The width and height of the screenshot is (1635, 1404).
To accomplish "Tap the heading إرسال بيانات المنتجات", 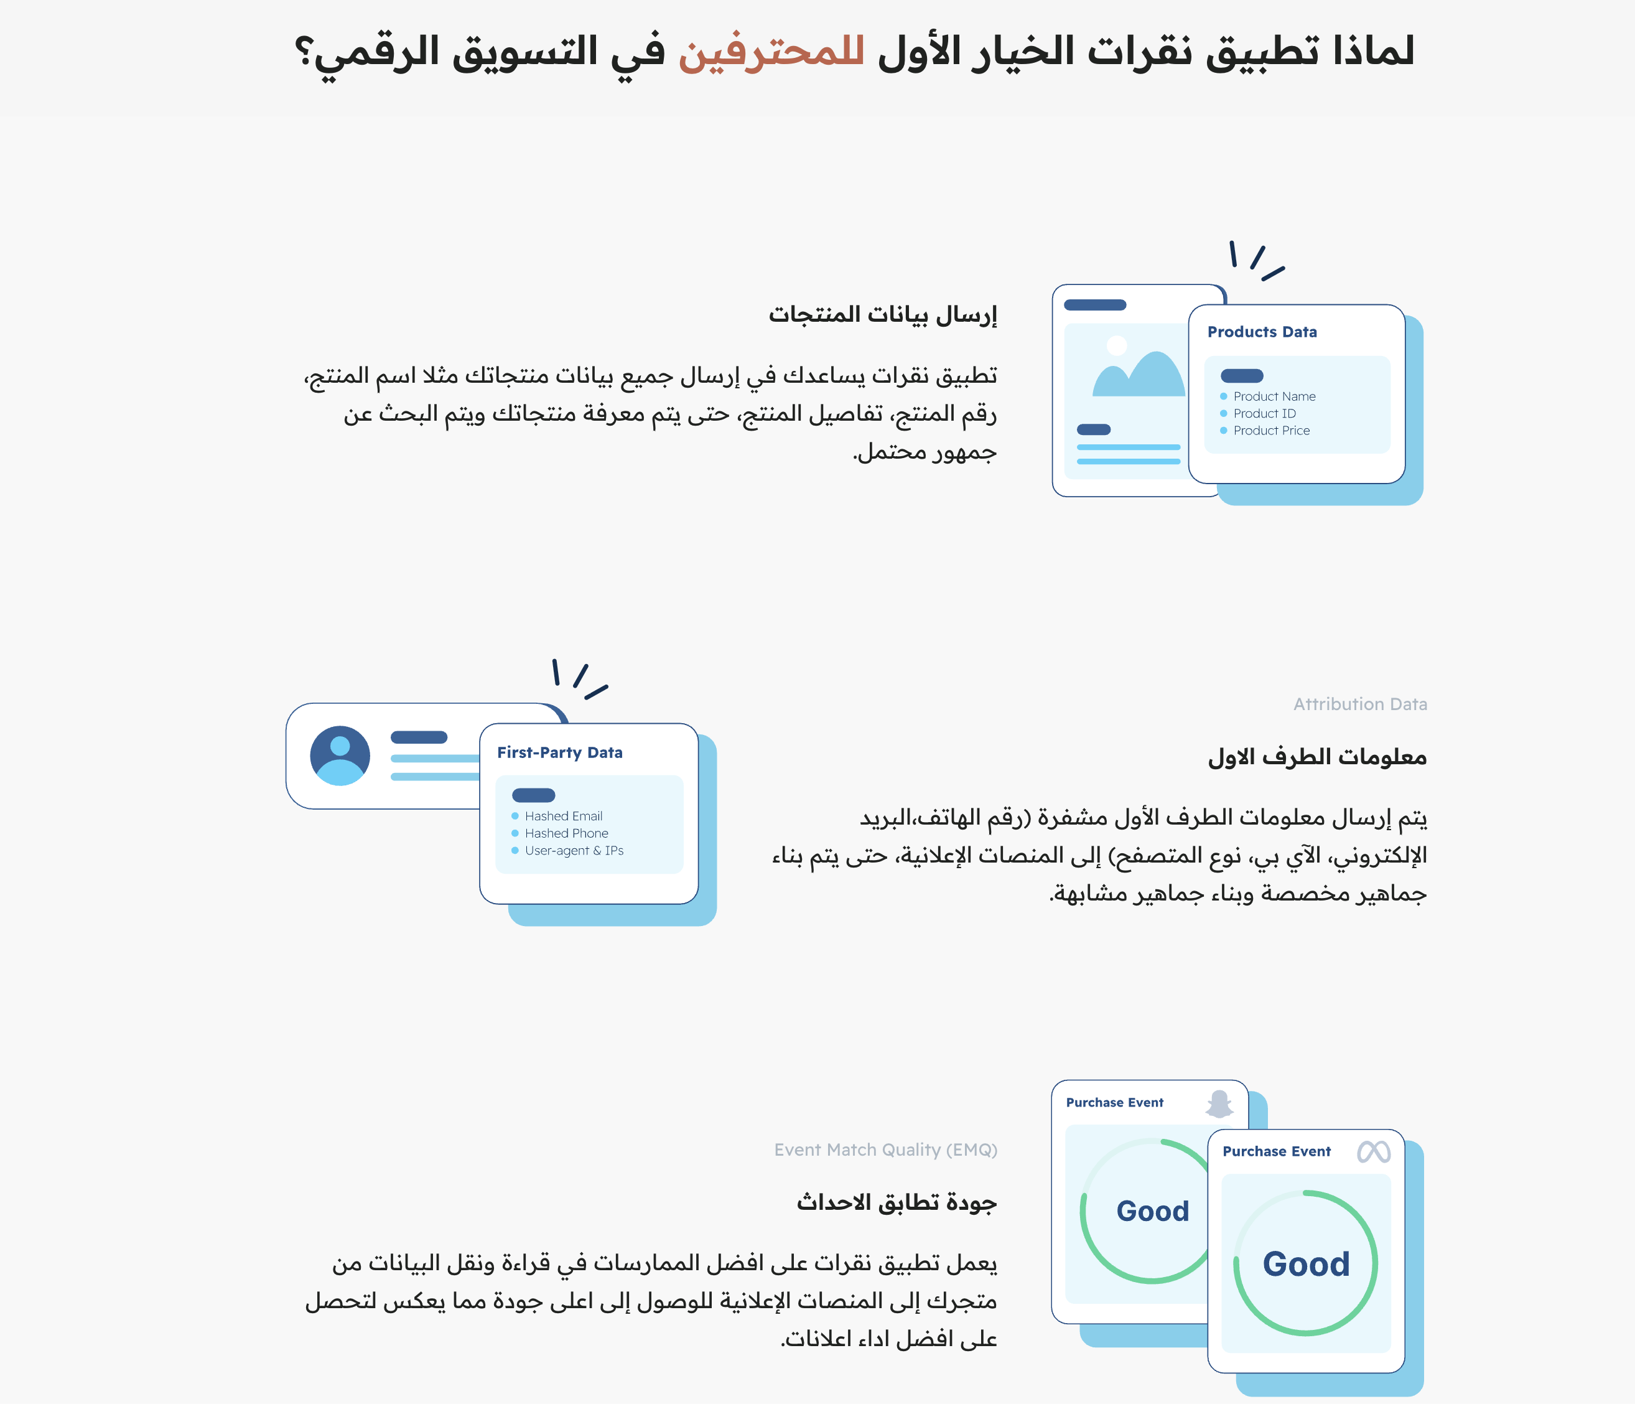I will coord(883,314).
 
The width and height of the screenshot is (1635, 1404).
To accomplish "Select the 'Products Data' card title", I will coord(1262,332).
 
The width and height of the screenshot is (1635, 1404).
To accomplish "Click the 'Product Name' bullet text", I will coord(1274,396).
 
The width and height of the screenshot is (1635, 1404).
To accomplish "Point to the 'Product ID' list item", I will coord(1264,413).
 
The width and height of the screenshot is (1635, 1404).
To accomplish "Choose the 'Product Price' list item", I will coord(1271,431).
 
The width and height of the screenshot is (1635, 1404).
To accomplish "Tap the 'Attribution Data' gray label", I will coord(1359,704).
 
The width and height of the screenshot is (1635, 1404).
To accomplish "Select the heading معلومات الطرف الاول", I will coord(1317,757).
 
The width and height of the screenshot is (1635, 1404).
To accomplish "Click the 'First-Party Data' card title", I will coord(559,753).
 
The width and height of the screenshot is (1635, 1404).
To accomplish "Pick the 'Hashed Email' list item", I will coord(564,816).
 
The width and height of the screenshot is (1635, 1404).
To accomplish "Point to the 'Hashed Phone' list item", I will coord(567,833).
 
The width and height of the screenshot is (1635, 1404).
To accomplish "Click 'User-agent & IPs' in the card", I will coord(574,851).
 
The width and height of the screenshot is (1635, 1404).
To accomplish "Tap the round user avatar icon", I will coord(340,756).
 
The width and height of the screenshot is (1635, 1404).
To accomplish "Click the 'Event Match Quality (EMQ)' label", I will coord(885,1150).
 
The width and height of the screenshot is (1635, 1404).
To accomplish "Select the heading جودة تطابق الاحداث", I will coord(897,1202).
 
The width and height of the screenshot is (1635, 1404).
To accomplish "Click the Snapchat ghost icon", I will coord(1219,1103).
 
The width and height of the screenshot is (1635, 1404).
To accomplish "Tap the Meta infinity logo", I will coord(1374,1152).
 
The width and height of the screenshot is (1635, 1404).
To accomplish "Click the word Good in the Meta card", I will coord(1306,1265).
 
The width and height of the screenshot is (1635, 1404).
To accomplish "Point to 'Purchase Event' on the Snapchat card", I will coord(1114,1103).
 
